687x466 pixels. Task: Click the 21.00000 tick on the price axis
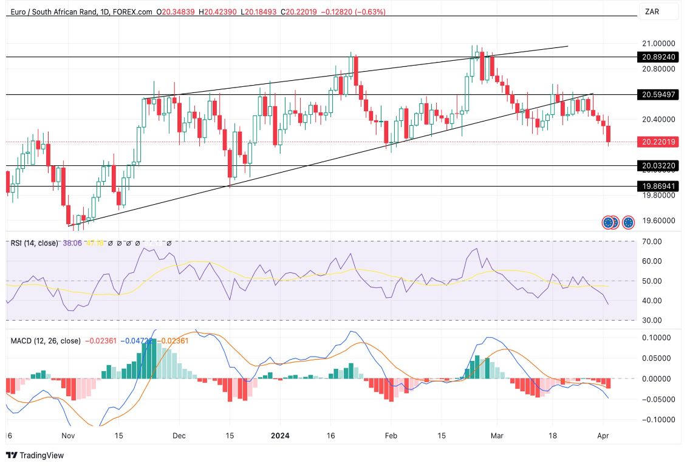(x=658, y=44)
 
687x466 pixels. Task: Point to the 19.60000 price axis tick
(x=658, y=221)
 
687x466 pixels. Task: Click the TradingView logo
(x=35, y=455)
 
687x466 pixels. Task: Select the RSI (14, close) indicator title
(x=35, y=243)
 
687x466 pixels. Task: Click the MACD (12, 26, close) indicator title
(x=46, y=341)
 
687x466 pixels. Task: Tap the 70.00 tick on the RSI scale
(x=652, y=242)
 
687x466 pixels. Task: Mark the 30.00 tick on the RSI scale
(x=652, y=320)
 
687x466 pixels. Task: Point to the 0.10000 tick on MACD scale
(x=657, y=338)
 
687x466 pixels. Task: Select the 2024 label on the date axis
(x=280, y=436)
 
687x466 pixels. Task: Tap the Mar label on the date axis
(x=496, y=436)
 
